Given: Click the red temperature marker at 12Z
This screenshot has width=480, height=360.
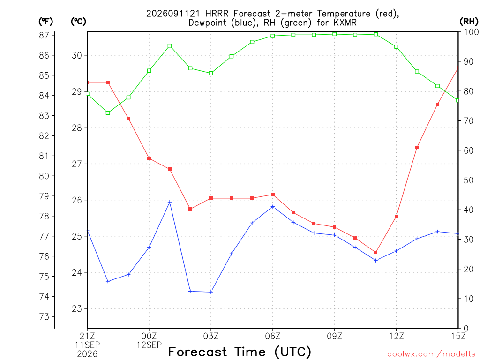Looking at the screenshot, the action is [x=397, y=217].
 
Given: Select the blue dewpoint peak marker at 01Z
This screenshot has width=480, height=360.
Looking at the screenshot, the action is [x=170, y=202].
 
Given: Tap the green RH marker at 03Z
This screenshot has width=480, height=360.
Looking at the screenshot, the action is [x=211, y=73].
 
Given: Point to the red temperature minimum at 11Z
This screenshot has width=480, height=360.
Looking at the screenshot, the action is [x=376, y=252].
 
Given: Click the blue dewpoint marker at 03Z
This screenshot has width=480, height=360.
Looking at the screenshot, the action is [x=211, y=292].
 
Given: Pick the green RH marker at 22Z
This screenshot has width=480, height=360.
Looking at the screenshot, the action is [x=108, y=113].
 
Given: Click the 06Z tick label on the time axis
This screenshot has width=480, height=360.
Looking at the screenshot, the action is [x=272, y=336].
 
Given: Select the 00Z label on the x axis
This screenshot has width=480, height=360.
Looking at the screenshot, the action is [x=149, y=336].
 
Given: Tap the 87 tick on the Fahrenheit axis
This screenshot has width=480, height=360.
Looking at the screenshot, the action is [x=44, y=35].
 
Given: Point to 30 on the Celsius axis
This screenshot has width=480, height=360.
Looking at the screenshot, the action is [x=77, y=55].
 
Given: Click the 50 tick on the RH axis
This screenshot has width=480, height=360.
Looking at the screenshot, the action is [x=469, y=180].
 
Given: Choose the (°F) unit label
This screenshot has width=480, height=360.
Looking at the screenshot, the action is [x=45, y=22].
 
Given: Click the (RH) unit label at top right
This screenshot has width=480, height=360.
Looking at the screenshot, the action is [x=469, y=22].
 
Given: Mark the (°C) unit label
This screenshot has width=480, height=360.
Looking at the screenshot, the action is [x=78, y=22].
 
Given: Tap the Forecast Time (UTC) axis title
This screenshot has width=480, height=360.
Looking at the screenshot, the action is [x=240, y=352].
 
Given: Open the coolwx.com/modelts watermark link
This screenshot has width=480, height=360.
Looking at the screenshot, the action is [x=431, y=354].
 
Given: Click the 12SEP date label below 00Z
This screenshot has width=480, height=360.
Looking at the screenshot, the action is [x=149, y=345].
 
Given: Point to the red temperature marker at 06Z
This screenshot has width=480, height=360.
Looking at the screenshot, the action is [x=273, y=195].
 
